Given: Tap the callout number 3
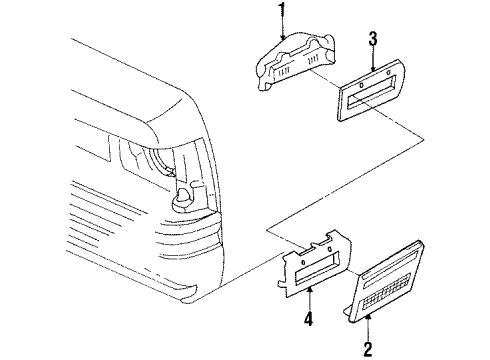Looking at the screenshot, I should click(x=372, y=41).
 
